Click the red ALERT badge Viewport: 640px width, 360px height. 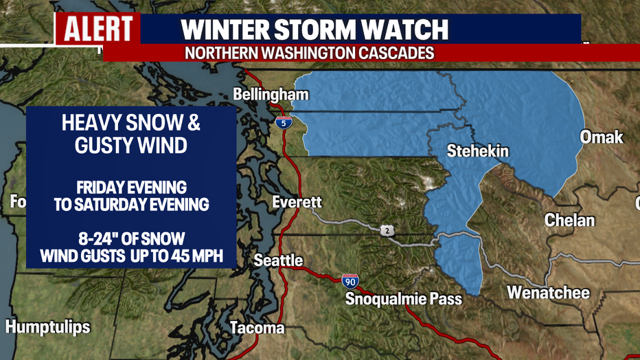pyautogui.click(x=98, y=30)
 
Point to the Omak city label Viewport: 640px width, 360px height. pyautogui.click(x=602, y=137)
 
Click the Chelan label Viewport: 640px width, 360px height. pyautogui.click(x=569, y=221)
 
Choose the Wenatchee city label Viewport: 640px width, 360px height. pyautogui.click(x=548, y=293)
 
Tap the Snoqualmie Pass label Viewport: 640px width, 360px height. pyautogui.click(x=403, y=299)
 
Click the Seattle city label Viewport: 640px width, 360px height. pyautogui.click(x=278, y=260)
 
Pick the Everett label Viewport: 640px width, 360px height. pyautogui.click(x=297, y=202)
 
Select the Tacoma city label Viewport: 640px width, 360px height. pyautogui.click(x=257, y=328)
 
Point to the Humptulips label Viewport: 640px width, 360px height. pyautogui.click(x=47, y=326)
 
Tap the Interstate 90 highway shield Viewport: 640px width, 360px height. pyautogui.click(x=350, y=280)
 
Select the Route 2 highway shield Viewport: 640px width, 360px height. pyautogui.click(x=389, y=232)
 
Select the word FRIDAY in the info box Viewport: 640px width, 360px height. pyautogui.click(x=89, y=188)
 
